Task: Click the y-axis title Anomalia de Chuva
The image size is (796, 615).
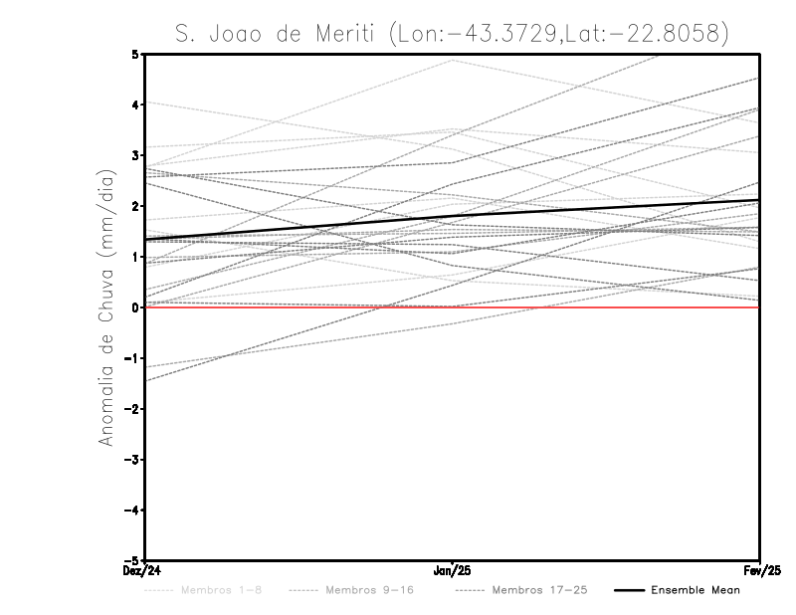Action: tap(104, 307)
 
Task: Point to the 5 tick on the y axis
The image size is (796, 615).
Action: tap(134, 55)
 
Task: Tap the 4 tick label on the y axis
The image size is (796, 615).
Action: tap(134, 105)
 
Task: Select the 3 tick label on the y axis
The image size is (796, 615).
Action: tap(134, 156)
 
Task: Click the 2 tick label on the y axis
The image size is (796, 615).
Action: tap(134, 207)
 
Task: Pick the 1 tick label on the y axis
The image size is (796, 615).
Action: tap(134, 257)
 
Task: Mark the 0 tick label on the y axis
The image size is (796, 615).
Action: tap(134, 307)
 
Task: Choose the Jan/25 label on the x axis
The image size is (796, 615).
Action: tap(453, 571)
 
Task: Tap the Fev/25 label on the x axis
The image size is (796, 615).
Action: tap(760, 571)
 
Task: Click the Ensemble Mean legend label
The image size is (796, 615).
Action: tap(695, 590)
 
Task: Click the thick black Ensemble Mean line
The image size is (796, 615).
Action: tap(453, 216)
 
